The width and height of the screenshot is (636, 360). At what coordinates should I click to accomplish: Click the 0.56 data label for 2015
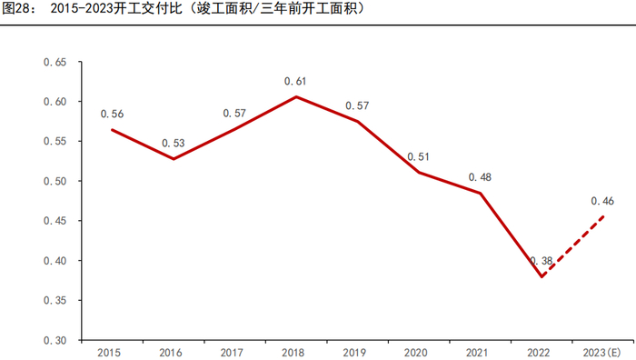(x=112, y=114)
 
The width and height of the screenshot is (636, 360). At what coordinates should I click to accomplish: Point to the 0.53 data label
(x=174, y=143)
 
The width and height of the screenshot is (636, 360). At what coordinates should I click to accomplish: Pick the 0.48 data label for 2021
(x=480, y=176)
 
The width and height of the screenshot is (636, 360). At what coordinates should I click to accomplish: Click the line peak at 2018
(x=296, y=96)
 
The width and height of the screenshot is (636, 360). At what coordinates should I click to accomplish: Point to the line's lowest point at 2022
(x=542, y=276)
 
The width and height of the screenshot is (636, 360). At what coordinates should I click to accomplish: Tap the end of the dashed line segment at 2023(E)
(x=604, y=215)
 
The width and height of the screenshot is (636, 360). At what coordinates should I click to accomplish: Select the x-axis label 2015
(x=112, y=352)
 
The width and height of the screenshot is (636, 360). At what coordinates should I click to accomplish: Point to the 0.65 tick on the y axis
(x=55, y=63)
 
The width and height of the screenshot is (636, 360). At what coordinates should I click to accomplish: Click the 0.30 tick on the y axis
(x=55, y=340)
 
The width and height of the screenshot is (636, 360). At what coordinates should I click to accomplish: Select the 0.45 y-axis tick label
(x=55, y=221)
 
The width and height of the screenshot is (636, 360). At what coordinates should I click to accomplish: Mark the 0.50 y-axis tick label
(x=55, y=181)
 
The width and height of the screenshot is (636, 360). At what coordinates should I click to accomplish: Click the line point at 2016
(x=174, y=158)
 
